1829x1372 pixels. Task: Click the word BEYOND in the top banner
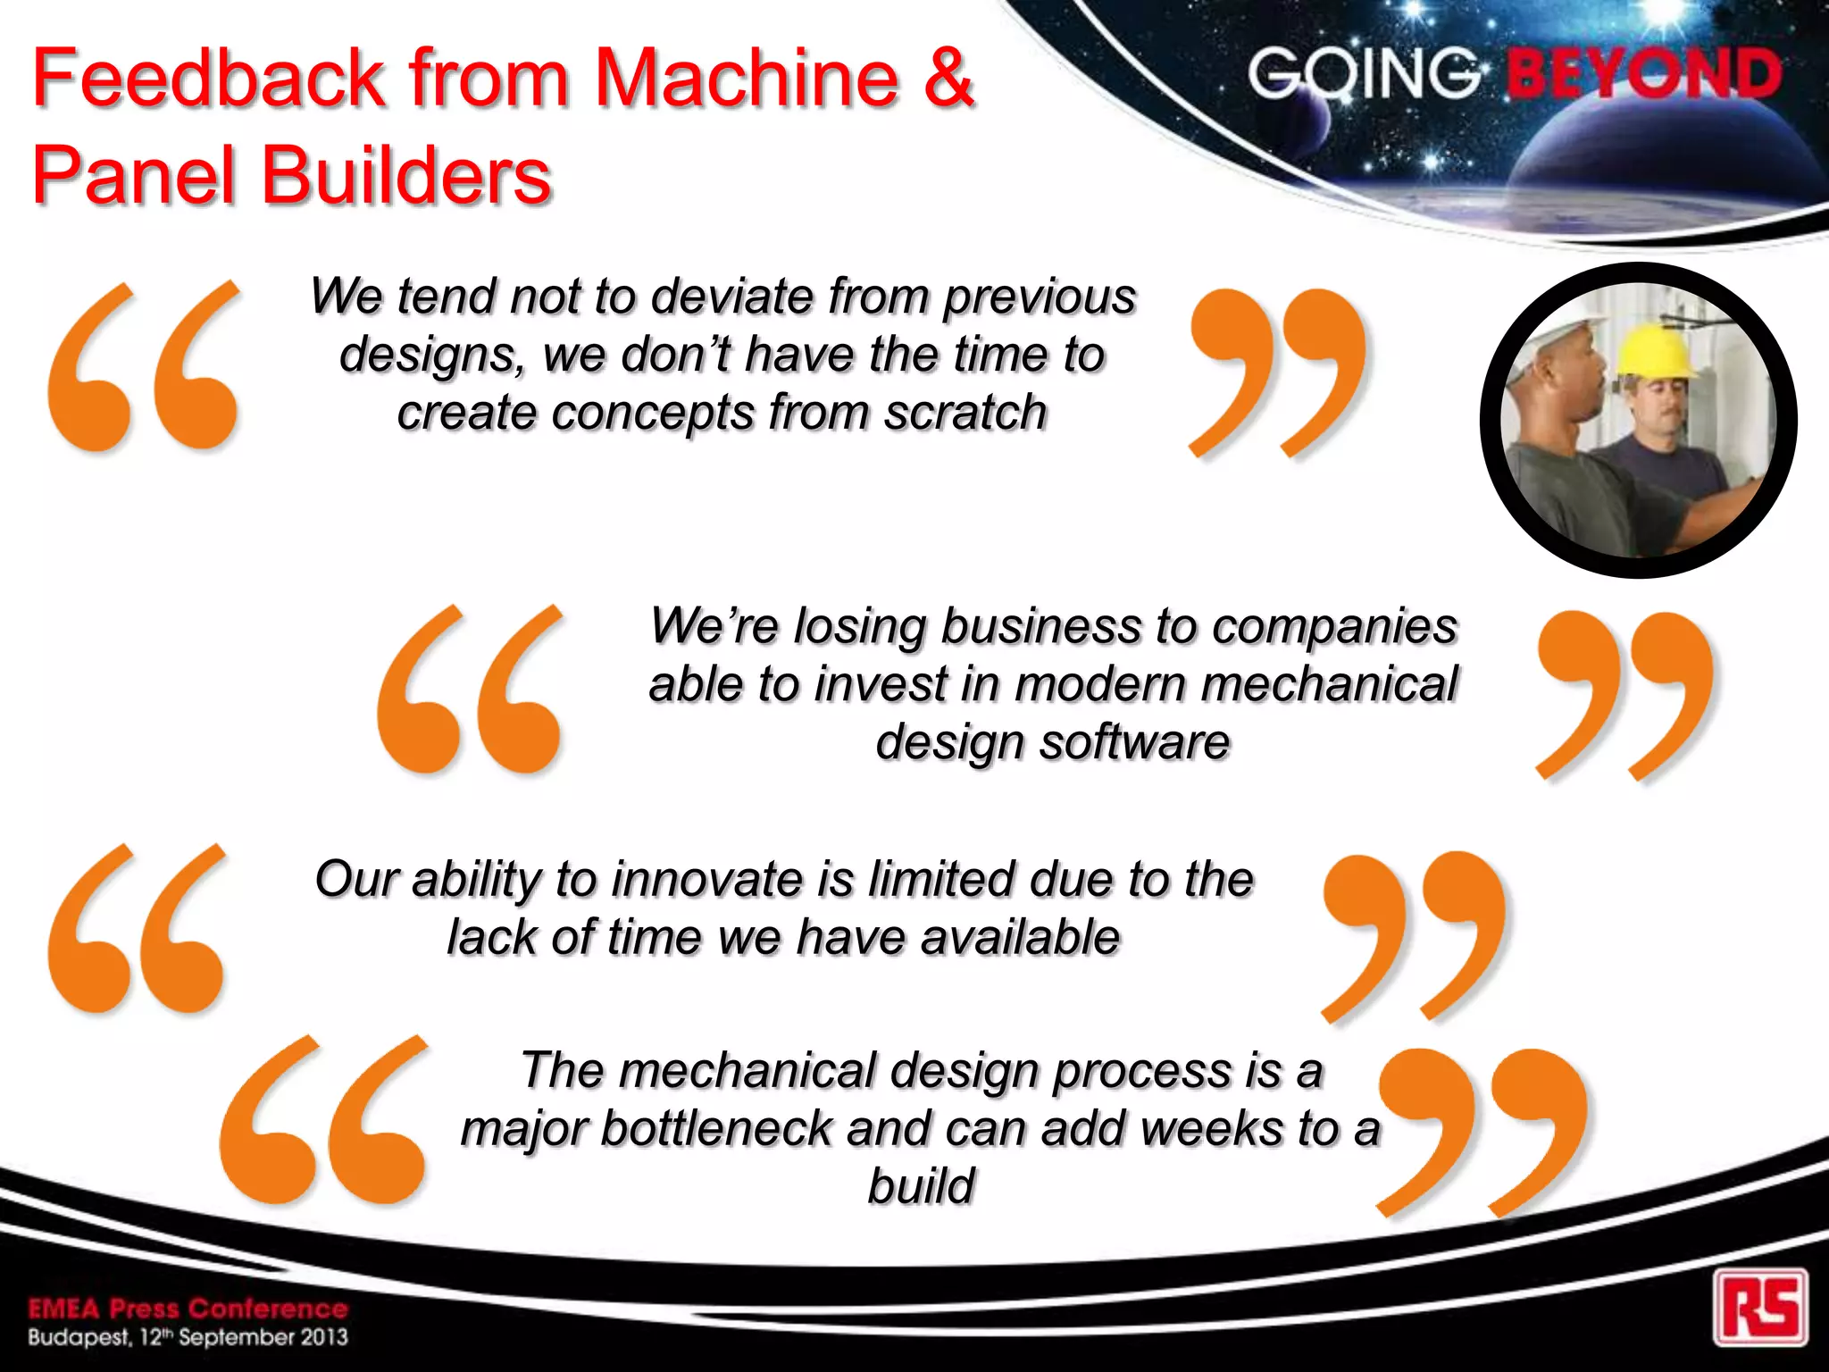tap(1644, 73)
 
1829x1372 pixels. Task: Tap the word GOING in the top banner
tap(1363, 73)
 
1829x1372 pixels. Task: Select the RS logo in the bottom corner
tap(1759, 1306)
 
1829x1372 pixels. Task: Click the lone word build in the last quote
tap(921, 1186)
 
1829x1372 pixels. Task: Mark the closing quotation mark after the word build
tap(1482, 1130)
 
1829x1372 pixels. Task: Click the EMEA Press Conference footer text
tap(188, 1309)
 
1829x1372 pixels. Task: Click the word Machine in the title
tap(745, 78)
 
